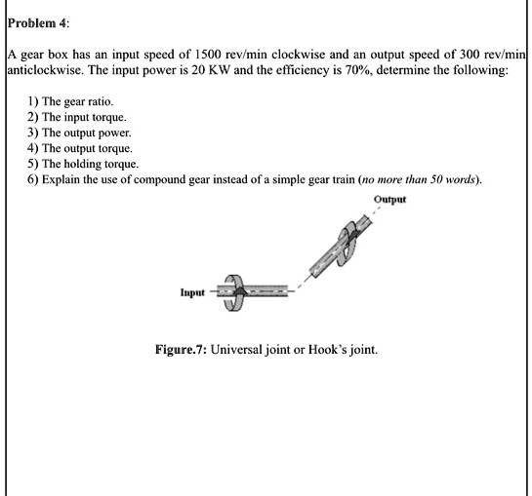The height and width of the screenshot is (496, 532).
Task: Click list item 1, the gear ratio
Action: (78, 100)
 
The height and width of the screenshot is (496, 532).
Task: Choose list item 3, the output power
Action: (88, 133)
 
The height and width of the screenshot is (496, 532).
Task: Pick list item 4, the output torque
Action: (89, 148)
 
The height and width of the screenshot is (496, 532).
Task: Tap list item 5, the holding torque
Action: (92, 164)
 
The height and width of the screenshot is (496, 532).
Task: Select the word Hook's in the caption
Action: (337, 350)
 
